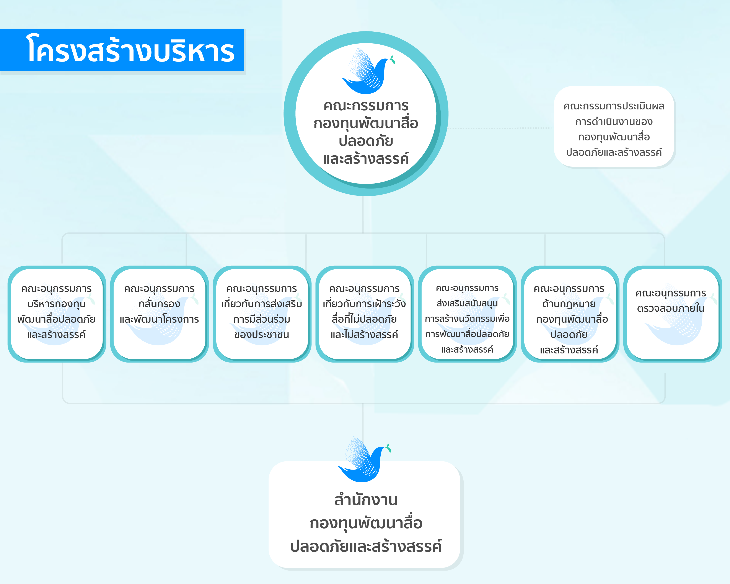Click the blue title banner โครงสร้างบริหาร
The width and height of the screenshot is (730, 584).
tap(122, 50)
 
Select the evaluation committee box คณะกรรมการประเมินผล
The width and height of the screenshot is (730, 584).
tap(614, 127)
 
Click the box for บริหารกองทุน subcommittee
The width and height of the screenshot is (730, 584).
tap(57, 314)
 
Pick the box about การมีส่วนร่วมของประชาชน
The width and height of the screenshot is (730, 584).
tap(262, 314)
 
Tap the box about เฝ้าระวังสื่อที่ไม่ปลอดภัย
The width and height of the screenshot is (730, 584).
tap(365, 314)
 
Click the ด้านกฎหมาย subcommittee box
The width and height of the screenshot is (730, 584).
tap(570, 314)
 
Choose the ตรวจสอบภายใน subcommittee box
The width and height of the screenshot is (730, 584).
tap(672, 314)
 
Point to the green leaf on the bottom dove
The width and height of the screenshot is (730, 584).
tap(388, 448)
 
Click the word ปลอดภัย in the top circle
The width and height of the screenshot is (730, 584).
tap(366, 141)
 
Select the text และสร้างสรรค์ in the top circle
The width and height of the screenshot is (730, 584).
tap(366, 158)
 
